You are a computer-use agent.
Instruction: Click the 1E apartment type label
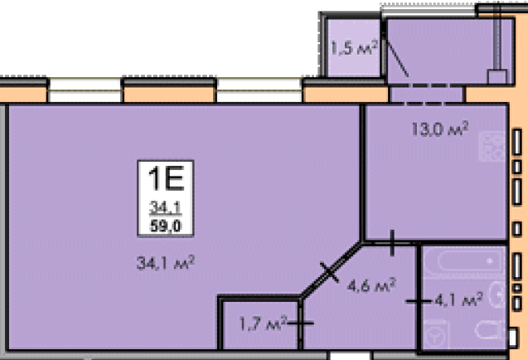coord(166,178)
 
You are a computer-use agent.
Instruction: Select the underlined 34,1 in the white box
coord(165,207)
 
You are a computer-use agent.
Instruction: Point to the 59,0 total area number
coord(166,226)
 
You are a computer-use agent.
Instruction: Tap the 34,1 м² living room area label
coord(166,263)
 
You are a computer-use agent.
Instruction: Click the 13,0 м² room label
coord(440,129)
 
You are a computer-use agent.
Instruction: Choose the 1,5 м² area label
coord(354,47)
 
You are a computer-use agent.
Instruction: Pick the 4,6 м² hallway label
coord(371,286)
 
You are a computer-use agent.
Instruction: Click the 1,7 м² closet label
coord(263,324)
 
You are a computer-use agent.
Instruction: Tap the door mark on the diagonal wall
coord(330,272)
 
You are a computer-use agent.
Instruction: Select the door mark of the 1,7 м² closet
coord(300,324)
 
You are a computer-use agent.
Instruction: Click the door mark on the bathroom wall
coord(419,301)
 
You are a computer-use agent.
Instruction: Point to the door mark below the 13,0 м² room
coord(392,243)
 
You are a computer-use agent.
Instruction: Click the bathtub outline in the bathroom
coord(465,261)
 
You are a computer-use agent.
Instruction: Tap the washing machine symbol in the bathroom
coord(436,335)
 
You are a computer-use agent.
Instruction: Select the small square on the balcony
coord(497,77)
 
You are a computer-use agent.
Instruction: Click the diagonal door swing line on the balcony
coord(397,59)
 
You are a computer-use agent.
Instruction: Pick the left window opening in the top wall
coord(85,90)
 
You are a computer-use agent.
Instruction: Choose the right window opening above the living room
coord(259,90)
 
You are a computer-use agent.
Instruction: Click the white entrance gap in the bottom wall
coord(350,356)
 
